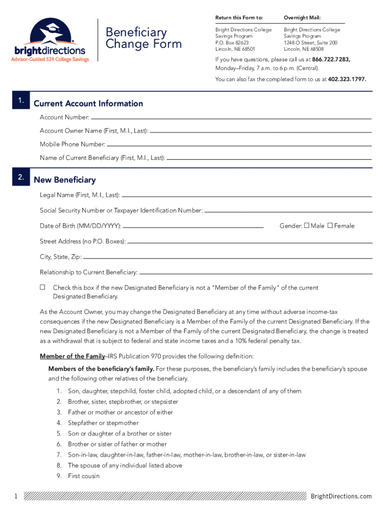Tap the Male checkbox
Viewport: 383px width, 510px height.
tap(307, 226)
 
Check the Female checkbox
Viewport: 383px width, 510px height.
tap(330, 226)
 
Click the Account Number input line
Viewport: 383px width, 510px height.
tap(231, 119)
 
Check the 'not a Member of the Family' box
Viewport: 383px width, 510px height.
tap(43, 287)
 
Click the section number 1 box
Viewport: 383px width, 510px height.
tap(20, 101)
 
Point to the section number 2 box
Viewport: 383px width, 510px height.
tap(20, 177)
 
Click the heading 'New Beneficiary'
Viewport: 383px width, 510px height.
tap(65, 180)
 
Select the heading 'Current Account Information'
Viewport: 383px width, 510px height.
tap(88, 104)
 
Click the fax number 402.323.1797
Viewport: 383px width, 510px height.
tap(347, 79)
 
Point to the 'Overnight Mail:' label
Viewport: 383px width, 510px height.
tap(302, 17)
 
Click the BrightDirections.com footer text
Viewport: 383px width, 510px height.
tap(341, 496)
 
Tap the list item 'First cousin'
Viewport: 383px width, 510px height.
tap(84, 476)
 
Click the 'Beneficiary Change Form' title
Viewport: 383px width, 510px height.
tap(143, 38)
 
